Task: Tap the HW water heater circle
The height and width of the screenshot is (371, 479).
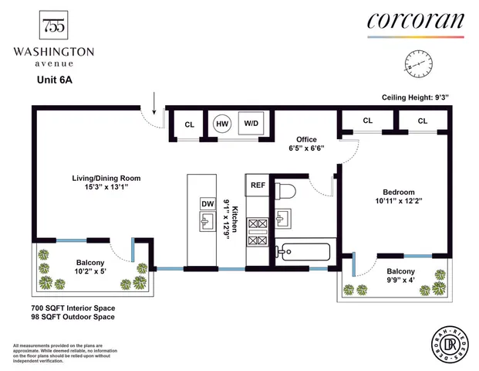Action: (x=222, y=124)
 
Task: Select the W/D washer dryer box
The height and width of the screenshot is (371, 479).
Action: (x=251, y=124)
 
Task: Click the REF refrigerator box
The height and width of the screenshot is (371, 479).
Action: (x=258, y=185)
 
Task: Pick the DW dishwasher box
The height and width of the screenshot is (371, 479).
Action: (x=207, y=203)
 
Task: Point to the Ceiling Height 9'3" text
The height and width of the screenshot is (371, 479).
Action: (x=416, y=97)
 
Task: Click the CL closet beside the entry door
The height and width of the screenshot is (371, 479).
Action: (x=189, y=124)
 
